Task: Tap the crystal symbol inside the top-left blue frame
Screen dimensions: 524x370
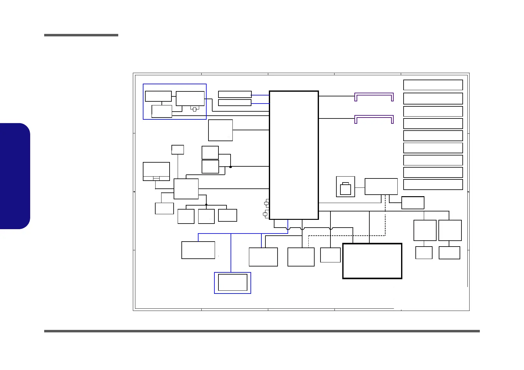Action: tap(194, 109)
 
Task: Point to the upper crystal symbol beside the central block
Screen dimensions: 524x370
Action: tap(266, 203)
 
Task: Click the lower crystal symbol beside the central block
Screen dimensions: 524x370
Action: tap(265, 214)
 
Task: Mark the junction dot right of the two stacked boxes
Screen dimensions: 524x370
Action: tap(231, 167)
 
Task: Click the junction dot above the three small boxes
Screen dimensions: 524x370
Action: tap(206, 205)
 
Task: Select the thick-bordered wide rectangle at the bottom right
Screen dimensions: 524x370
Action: tap(372, 261)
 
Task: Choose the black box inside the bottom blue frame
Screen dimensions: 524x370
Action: tap(233, 282)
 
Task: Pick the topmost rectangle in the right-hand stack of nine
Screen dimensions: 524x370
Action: tap(433, 85)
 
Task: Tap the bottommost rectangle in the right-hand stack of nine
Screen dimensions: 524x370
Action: tap(433, 184)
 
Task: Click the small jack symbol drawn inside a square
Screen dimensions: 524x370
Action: tap(345, 188)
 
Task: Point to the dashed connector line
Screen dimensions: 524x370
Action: tap(385, 218)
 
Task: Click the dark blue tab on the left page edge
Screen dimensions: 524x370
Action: tap(15, 176)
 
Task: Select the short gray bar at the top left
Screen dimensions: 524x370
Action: tap(81, 35)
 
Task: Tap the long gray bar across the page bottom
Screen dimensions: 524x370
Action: tap(262, 331)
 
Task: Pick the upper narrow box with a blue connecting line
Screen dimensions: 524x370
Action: tap(235, 94)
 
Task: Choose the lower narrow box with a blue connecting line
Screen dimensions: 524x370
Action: tap(235, 103)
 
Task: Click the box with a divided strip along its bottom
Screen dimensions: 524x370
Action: tap(156, 171)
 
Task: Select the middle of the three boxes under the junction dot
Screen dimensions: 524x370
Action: tap(206, 216)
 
